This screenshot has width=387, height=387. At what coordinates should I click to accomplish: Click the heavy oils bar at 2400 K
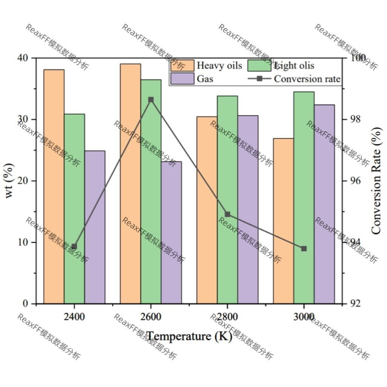[x=54, y=187]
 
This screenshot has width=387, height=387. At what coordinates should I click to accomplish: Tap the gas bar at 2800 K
[x=248, y=210]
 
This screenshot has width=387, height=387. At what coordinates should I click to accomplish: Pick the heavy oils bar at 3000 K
[x=284, y=221]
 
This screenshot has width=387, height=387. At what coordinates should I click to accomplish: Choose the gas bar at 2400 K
[x=95, y=227]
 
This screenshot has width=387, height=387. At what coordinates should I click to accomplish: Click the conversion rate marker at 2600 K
[x=151, y=100]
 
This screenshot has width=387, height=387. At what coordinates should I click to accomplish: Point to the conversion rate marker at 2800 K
[x=228, y=214]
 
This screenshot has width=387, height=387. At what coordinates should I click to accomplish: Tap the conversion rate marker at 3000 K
[x=304, y=248]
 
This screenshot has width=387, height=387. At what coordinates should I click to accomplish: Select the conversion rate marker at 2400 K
[x=74, y=247]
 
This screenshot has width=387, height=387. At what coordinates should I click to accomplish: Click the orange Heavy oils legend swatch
[x=182, y=66]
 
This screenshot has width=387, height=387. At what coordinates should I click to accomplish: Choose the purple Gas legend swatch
[x=182, y=79]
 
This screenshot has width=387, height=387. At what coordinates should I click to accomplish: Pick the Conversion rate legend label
[x=307, y=79]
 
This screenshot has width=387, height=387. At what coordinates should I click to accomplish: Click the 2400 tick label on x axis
[x=74, y=316]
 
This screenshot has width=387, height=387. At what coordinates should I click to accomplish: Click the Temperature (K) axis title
[x=189, y=336]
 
